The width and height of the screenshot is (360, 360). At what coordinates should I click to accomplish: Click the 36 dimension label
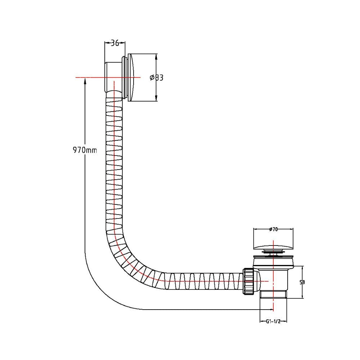[x=115, y=43]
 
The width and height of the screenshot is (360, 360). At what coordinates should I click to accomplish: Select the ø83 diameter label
[x=156, y=78]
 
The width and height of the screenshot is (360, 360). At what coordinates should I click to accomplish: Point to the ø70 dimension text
[x=273, y=229]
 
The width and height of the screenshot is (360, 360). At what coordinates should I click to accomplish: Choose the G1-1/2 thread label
[x=273, y=321]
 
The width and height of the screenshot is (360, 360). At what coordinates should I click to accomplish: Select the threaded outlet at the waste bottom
[x=273, y=294]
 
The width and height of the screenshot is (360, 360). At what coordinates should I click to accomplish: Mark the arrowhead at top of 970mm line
[x=85, y=80]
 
